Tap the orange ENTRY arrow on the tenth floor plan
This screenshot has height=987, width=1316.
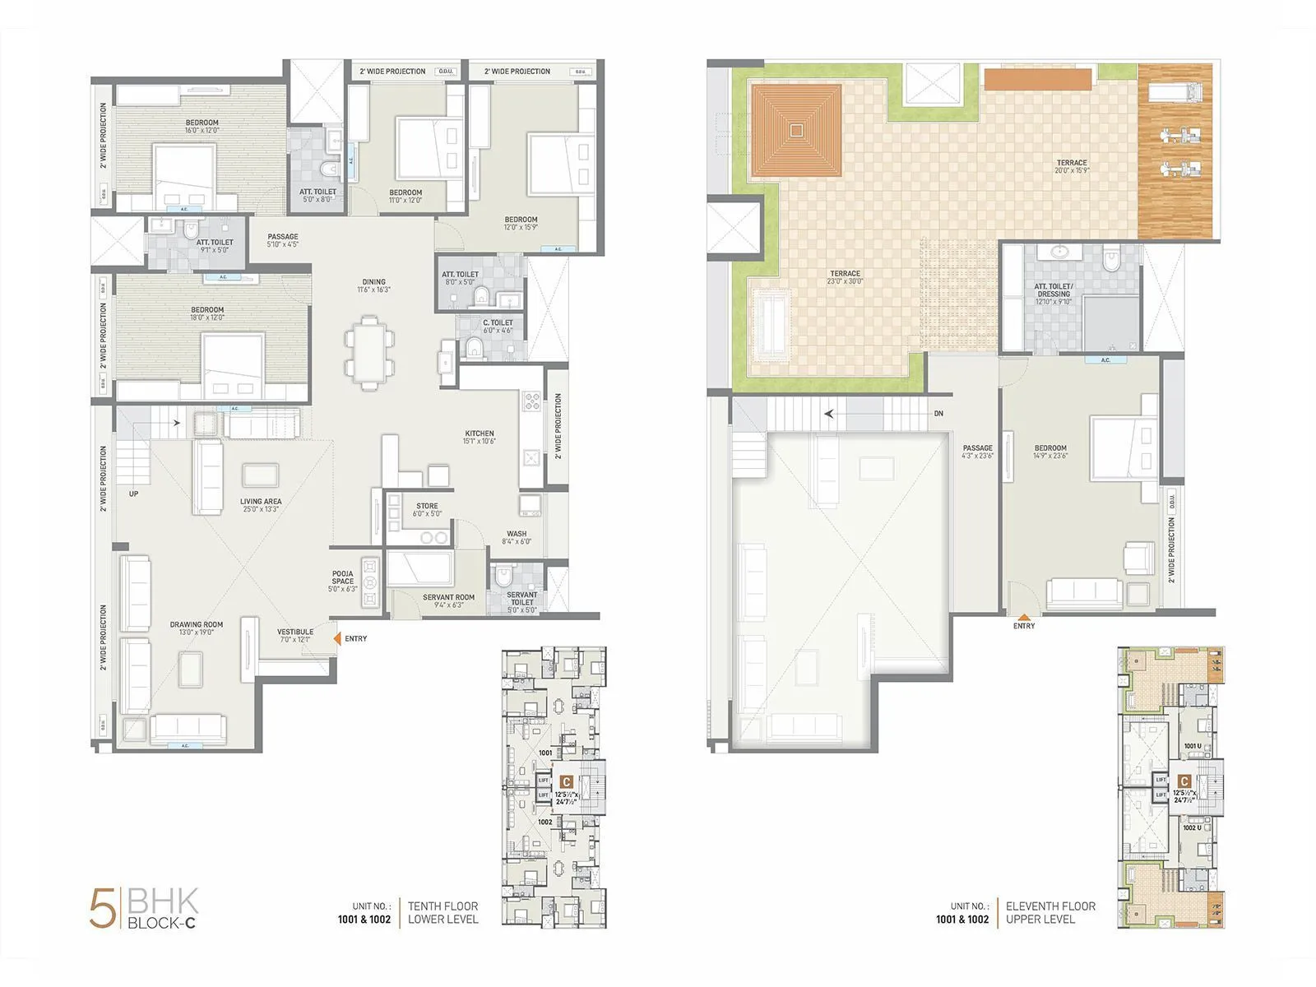coord(337,638)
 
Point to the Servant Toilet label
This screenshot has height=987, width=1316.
coord(521,598)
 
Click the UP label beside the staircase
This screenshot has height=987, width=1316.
coord(133,494)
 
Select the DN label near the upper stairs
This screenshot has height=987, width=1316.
coord(938,414)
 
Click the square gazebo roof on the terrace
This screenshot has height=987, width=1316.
coord(796,130)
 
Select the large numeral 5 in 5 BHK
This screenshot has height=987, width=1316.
coord(103,909)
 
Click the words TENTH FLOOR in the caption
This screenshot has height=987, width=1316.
coord(443,906)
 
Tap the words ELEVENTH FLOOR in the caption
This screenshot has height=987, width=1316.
coord(1050,906)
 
